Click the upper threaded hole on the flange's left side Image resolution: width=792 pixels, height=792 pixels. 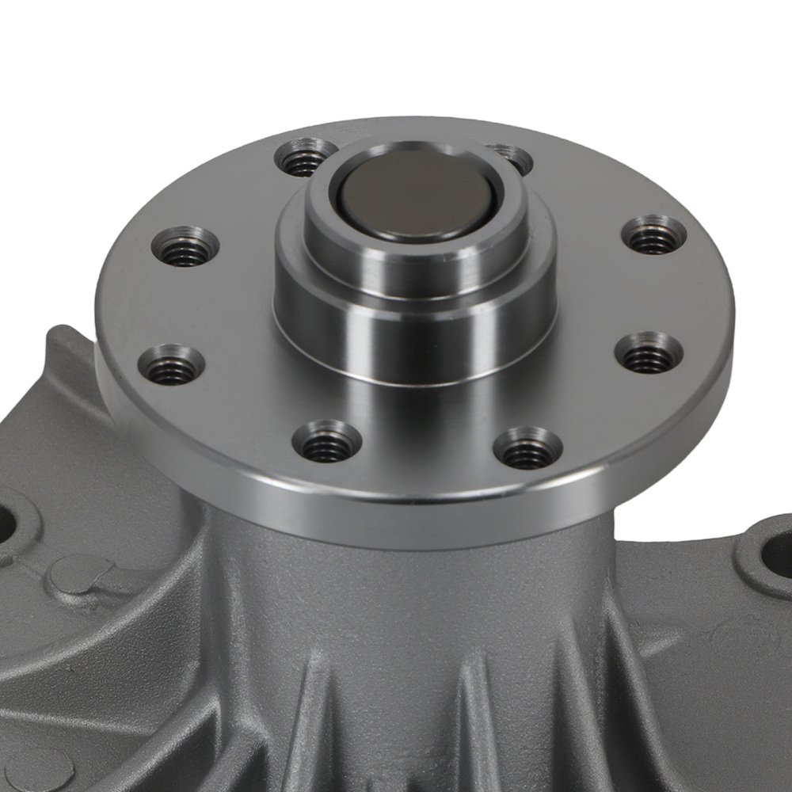185,248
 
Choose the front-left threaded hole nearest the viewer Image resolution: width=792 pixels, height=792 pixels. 326,443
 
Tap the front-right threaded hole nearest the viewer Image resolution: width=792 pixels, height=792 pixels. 527,449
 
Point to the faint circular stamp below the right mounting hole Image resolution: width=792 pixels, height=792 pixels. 737,634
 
